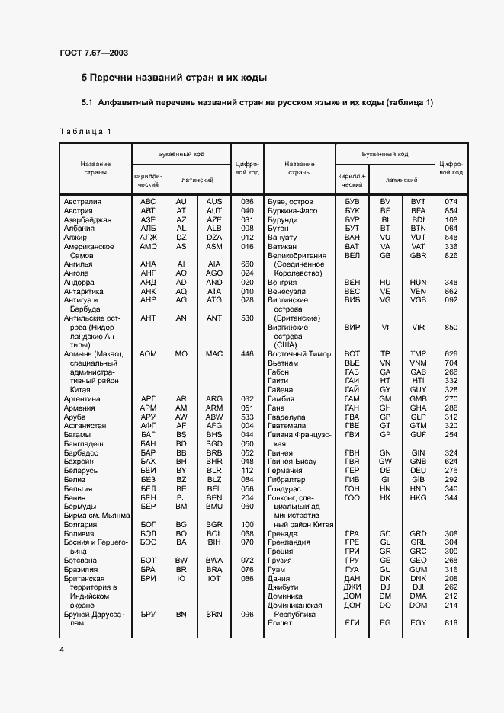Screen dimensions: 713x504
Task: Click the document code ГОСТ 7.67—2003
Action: coord(93,52)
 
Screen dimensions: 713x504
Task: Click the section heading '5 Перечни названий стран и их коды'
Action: coord(175,78)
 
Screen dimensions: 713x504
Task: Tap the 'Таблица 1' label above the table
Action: coord(85,131)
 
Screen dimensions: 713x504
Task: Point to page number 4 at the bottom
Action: coord(62,648)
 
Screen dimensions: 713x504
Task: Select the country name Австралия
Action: coord(83,201)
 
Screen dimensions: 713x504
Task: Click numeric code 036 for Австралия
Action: coord(247,201)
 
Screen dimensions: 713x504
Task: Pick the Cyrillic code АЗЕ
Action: coord(148,219)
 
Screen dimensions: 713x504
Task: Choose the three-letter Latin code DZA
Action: coord(214,238)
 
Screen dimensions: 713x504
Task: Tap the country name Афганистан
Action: coord(85,425)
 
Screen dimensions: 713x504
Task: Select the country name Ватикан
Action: coord(281,247)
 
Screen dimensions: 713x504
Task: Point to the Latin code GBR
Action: coord(418,256)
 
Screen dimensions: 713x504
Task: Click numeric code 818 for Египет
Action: coord(451,622)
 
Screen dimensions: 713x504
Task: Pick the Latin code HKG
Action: coord(418,497)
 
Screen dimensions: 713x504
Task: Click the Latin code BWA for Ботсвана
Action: coord(214,560)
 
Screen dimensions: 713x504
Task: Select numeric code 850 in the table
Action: coord(451,326)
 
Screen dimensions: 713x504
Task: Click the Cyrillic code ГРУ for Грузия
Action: coord(352,560)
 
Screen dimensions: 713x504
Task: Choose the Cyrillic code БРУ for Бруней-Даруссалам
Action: coord(148,614)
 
